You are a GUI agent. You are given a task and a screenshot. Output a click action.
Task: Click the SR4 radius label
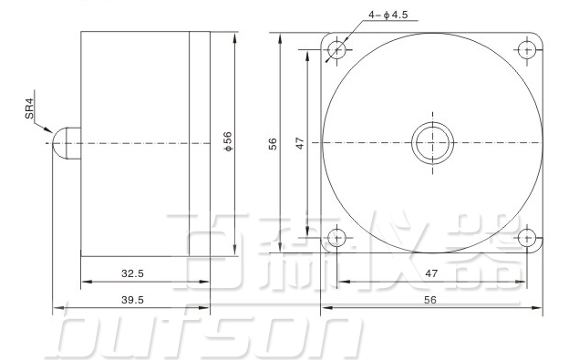pyautogui.click(x=29, y=108)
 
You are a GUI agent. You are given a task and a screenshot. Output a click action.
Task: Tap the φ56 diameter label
pyautogui.click(x=227, y=142)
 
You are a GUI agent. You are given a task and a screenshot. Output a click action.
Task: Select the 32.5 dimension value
pyautogui.click(x=132, y=273)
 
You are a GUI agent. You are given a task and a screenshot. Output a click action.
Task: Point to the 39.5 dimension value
pyautogui.click(x=132, y=299)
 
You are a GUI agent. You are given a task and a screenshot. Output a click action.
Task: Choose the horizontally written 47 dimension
pyautogui.click(x=431, y=273)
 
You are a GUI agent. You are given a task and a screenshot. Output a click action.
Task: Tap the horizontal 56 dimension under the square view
pyautogui.click(x=431, y=299)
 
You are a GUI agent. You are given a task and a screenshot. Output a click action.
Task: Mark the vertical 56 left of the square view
pyautogui.click(x=273, y=142)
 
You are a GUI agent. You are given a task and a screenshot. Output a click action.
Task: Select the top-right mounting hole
pyautogui.click(x=526, y=48)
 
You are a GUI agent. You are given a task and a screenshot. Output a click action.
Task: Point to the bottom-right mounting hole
pyautogui.click(x=526, y=238)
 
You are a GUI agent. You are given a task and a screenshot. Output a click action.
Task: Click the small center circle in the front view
pyautogui.click(x=432, y=143)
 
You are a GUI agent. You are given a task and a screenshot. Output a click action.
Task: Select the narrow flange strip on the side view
pyautogui.click(x=200, y=143)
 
